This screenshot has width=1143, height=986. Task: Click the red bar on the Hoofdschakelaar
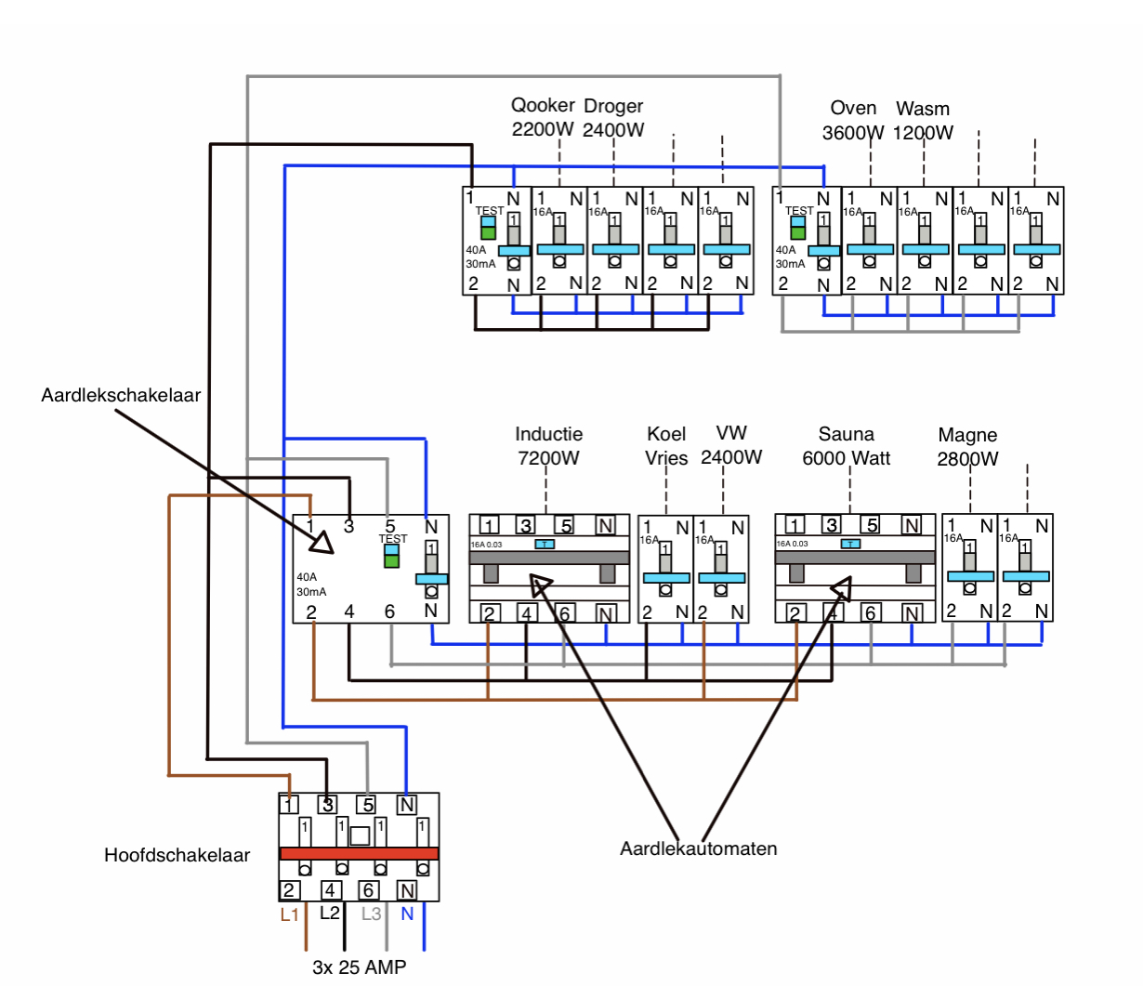(360, 853)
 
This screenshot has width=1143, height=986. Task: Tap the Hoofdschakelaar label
(177, 855)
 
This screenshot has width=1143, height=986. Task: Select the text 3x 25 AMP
(360, 967)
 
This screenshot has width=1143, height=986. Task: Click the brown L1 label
(290, 914)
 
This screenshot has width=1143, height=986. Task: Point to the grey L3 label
(371, 914)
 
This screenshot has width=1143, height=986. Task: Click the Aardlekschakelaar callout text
(121, 395)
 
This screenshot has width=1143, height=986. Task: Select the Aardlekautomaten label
(699, 848)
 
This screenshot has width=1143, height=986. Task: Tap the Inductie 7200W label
(548, 446)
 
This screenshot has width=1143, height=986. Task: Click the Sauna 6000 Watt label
(846, 446)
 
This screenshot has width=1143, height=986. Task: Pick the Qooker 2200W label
(543, 117)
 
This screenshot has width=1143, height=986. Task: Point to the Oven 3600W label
(853, 120)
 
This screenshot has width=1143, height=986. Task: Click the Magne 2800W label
(967, 447)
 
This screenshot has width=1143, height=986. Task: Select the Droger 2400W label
(613, 118)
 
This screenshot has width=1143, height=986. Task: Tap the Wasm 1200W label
(923, 121)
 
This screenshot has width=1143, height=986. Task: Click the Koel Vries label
(666, 446)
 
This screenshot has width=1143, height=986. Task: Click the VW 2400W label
(731, 444)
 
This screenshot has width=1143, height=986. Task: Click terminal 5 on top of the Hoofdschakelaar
(368, 805)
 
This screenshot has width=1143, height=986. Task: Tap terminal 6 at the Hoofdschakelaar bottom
(368, 890)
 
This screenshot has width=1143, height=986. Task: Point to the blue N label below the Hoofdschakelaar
(407, 914)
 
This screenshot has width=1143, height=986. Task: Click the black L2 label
(330, 913)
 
